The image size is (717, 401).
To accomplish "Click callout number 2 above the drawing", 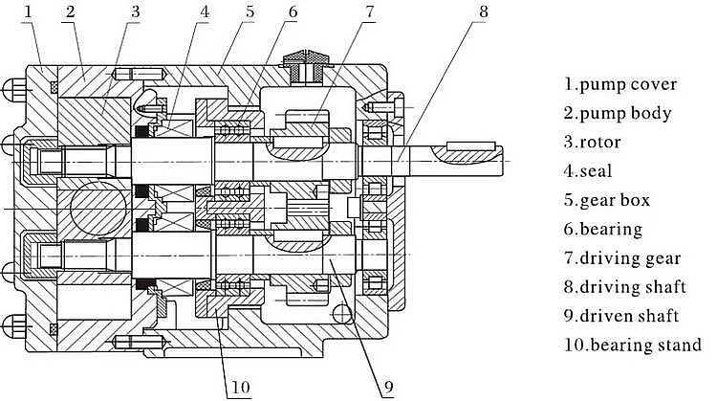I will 69,11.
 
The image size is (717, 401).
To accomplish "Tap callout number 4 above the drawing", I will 205,11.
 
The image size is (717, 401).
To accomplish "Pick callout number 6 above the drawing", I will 293,11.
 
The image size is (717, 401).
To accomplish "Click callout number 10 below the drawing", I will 238,387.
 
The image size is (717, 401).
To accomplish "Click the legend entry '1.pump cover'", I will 619,84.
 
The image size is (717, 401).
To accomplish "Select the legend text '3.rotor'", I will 593,142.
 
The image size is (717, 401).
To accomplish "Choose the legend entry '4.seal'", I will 587,171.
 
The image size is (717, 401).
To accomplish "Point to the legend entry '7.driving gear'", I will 622,257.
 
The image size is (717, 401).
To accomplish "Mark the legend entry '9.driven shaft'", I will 621,315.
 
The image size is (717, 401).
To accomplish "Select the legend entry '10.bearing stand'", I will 632,344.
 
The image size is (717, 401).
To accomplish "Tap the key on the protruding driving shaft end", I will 469,145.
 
